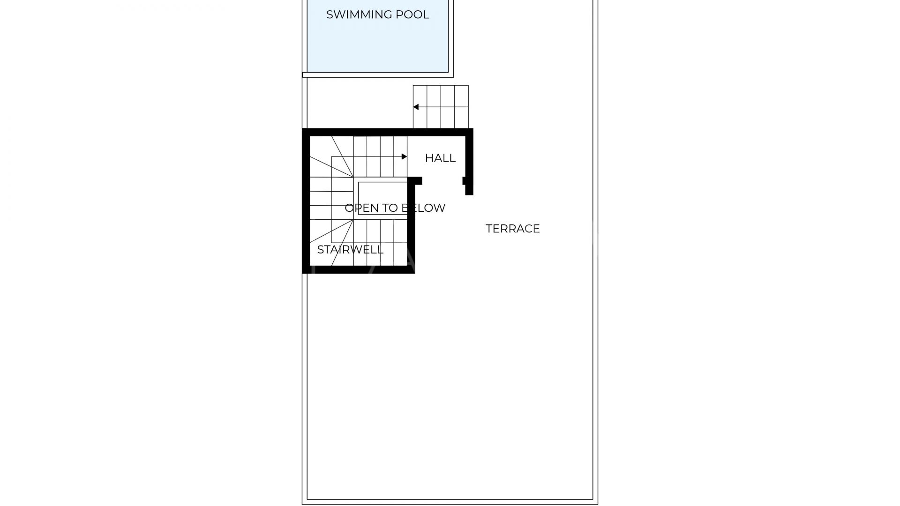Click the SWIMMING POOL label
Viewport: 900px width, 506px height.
377,15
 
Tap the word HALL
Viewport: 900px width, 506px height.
440,158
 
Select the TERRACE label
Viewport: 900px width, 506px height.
513,229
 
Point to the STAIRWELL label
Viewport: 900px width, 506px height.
350,250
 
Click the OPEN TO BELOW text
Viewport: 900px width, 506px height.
395,208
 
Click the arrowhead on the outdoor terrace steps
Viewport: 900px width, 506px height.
416,107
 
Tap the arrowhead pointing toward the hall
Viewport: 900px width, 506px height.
404,156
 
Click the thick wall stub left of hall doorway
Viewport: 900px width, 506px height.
415,181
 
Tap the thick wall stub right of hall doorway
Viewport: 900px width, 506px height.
465,181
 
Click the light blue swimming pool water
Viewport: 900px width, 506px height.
378,42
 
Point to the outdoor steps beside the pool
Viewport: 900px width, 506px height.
441,107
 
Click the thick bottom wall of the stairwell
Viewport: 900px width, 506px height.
359,270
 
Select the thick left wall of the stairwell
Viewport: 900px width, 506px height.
306,201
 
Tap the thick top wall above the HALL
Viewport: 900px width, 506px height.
388,132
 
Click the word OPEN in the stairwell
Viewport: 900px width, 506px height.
361,208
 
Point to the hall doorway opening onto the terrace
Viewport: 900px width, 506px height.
442,181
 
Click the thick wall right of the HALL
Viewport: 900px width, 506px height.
469,162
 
